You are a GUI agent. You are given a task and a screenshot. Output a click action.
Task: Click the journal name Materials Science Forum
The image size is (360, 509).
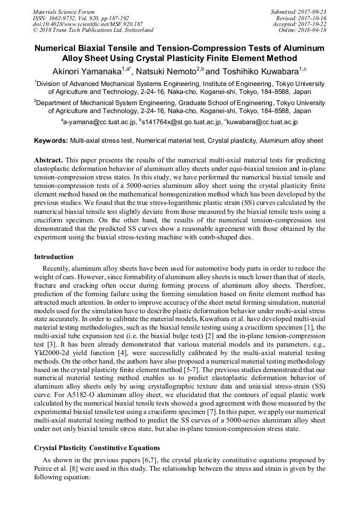pyautogui.click(x=64, y=12)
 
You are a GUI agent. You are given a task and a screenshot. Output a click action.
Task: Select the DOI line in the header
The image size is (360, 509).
pyautogui.click(x=88, y=24)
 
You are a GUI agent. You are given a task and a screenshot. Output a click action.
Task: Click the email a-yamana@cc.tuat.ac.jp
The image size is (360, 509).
pyautogui.click(x=98, y=122)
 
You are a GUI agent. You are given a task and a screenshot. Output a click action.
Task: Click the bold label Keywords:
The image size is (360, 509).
pyautogui.click(x=51, y=141)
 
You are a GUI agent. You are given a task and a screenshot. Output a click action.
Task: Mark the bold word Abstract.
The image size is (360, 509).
pyautogui.click(x=48, y=160)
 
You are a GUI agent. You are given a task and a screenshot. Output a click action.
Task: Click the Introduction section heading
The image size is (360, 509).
pyautogui.click(x=54, y=257)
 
